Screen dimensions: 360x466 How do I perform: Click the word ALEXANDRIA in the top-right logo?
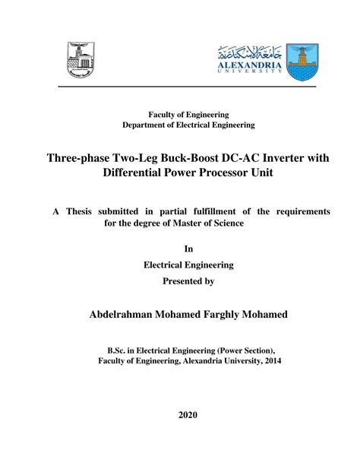click(250, 65)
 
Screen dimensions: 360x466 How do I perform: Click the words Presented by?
click(188, 281)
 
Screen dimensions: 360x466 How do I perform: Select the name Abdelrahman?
click(124, 314)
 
